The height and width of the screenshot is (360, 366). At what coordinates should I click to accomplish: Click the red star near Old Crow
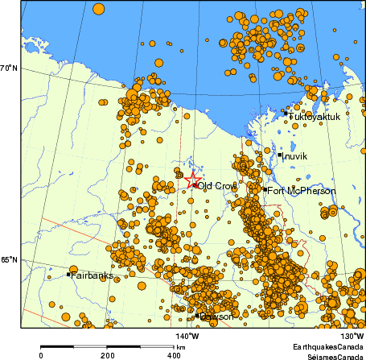tap(192, 180)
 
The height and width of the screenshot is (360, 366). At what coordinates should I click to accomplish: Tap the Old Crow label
tap(216, 186)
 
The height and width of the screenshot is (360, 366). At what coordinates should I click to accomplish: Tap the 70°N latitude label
tap(10, 68)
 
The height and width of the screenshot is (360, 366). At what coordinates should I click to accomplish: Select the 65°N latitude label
tap(10, 260)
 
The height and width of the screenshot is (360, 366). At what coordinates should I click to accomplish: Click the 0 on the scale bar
tap(41, 354)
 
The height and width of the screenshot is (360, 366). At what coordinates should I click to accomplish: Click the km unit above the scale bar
tap(180, 346)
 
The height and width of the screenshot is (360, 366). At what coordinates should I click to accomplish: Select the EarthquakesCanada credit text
tap(327, 346)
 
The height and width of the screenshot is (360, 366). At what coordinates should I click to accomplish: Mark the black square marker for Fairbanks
tap(68, 275)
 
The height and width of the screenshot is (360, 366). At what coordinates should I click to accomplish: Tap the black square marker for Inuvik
tap(280, 155)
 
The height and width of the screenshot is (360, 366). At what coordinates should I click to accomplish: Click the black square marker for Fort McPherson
tap(265, 189)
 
